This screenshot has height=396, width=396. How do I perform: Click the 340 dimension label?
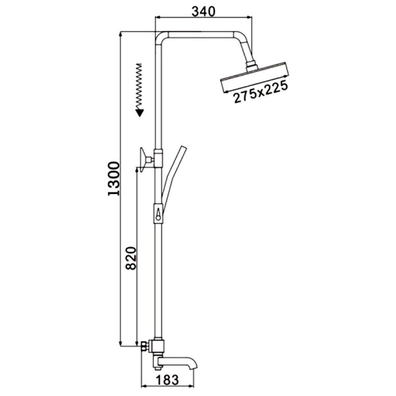click(203, 11)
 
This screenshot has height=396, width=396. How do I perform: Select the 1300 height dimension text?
click(113, 179)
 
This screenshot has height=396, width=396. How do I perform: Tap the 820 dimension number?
click(131, 258)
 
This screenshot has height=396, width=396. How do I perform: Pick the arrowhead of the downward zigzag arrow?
click(139, 112)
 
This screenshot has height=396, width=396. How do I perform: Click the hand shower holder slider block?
click(158, 214)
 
